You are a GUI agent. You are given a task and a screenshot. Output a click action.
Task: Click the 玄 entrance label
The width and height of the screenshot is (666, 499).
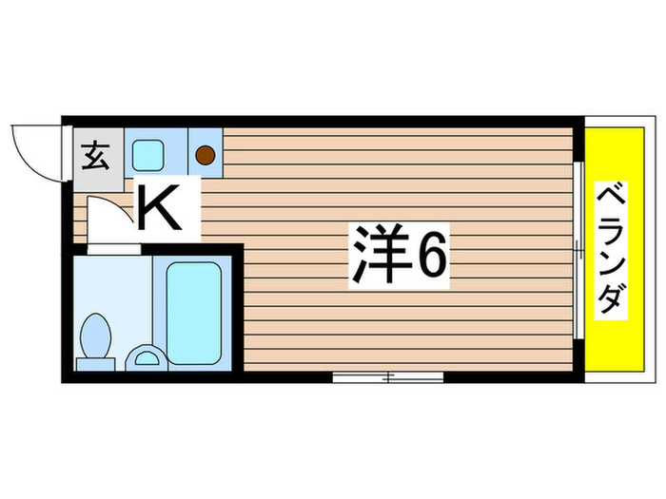tap(95, 155)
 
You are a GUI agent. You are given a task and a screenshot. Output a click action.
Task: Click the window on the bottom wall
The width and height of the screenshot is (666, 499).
tap(388, 378)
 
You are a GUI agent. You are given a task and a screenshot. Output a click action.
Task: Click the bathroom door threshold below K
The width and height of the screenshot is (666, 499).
tap(114, 248)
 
